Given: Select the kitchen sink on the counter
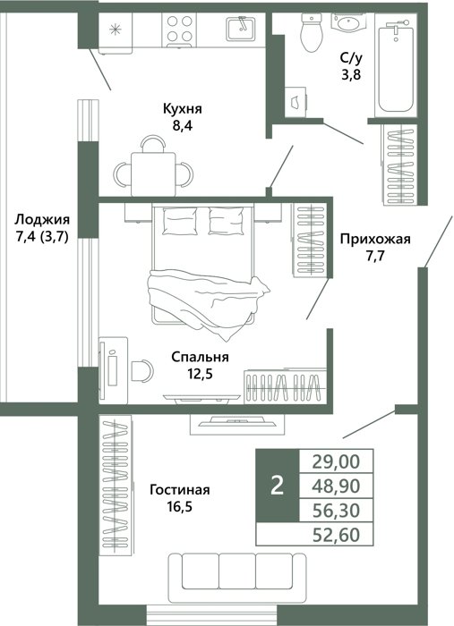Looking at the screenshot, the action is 241,29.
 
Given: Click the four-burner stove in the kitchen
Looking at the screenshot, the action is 179,30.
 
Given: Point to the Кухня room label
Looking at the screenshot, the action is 183,108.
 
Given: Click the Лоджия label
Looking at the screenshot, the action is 42,219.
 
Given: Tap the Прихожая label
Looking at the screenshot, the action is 375,239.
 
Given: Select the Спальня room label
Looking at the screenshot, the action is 200,357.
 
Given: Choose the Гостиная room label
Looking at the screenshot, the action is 179,489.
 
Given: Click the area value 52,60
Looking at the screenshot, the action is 336,535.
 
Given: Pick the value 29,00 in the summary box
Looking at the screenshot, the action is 336,461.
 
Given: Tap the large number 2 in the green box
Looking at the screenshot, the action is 277,486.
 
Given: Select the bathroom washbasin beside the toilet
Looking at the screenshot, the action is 347,22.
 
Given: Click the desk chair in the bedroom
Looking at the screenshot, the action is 142,370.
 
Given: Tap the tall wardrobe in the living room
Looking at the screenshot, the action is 116,485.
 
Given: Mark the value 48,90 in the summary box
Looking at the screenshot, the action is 336,486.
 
